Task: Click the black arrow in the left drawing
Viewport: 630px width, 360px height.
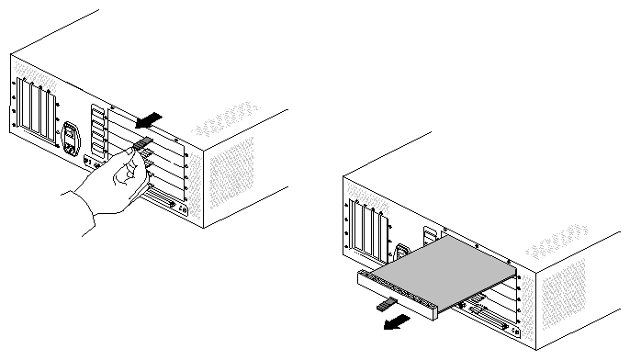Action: pos(148,119)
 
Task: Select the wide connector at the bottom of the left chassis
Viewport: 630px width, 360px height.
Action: pos(162,199)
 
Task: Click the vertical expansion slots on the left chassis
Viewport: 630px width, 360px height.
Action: pos(38,108)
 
